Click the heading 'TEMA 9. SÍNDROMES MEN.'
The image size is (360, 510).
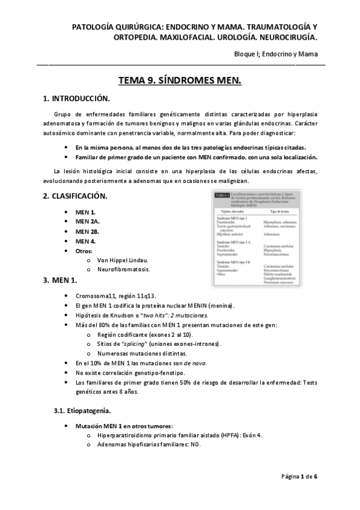coord(180,81)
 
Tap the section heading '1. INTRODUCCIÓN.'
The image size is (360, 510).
coord(76,98)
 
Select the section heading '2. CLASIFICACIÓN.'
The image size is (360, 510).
coord(75,196)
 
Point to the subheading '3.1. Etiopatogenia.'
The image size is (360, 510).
coord(82,411)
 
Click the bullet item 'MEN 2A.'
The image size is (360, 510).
coord(88,222)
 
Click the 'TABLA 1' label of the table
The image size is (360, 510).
coord(221,195)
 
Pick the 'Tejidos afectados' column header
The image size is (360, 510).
coord(233,211)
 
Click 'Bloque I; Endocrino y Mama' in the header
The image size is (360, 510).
coord(276,54)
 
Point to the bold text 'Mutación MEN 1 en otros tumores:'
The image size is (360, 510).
coord(124,425)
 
